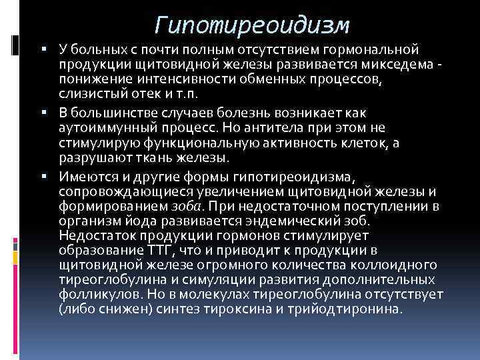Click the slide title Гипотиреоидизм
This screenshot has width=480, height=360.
[x=251, y=25]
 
